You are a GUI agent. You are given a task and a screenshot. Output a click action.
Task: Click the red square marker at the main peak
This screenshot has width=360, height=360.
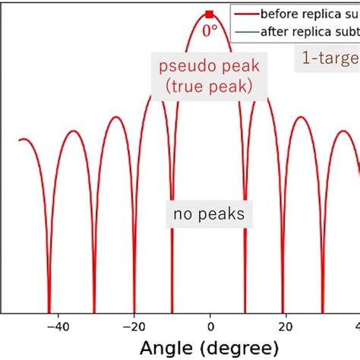tap(210, 14)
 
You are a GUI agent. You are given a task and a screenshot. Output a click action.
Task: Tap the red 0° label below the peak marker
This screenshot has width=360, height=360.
tap(210, 30)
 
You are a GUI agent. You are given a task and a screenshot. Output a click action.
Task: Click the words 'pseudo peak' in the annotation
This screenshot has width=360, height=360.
tap(209, 66)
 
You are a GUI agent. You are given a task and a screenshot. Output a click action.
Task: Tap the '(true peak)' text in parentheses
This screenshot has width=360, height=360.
tap(209, 86)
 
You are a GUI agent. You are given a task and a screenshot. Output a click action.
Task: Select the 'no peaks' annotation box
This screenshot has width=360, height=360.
tap(209, 214)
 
